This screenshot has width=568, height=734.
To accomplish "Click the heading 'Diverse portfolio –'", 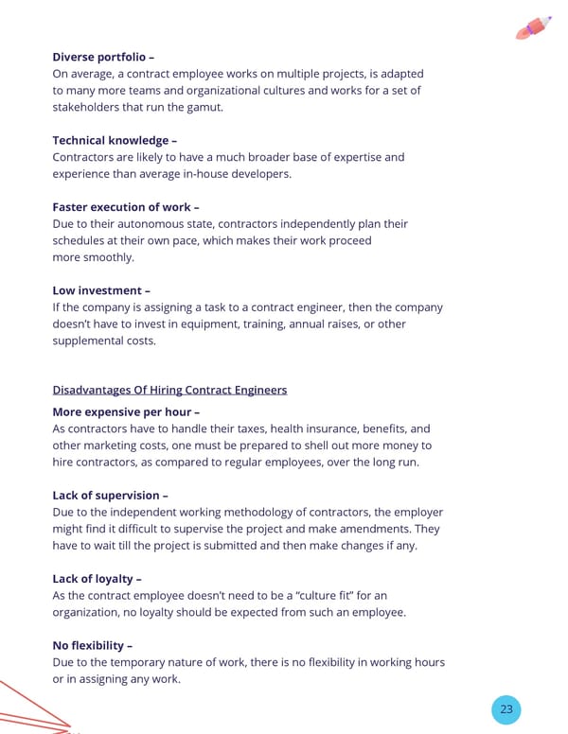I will click(x=103, y=57).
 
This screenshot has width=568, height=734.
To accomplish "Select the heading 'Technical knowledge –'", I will click(x=115, y=140).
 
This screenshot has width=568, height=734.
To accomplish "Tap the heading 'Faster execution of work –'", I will click(x=126, y=206).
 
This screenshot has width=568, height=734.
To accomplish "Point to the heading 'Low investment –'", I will click(x=101, y=290).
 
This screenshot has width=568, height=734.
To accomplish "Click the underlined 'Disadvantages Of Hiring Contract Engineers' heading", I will click(x=169, y=390).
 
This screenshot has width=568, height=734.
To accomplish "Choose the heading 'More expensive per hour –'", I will click(x=126, y=411).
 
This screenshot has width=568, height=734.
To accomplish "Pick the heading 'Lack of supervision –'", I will click(x=111, y=495).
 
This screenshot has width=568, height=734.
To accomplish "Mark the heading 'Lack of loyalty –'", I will click(x=98, y=578).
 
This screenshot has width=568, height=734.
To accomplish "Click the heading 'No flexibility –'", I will click(x=93, y=645).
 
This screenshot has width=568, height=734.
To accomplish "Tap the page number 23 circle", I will click(x=506, y=709).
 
